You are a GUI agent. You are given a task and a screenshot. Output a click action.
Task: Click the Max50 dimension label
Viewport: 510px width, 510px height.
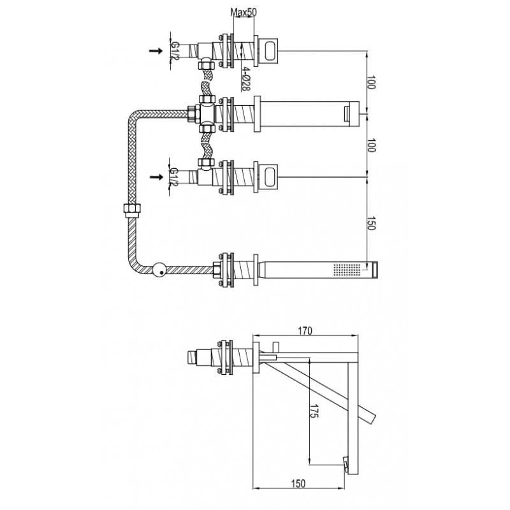click(244, 12)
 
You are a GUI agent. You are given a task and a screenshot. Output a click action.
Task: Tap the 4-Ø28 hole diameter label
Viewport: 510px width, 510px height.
click(245, 79)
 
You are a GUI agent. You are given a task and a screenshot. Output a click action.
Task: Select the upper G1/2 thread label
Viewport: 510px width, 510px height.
click(175, 50)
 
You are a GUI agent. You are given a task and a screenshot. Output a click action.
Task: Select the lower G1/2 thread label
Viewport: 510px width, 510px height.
click(174, 177)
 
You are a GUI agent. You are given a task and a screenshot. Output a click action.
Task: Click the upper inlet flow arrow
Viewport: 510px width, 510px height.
click(156, 51)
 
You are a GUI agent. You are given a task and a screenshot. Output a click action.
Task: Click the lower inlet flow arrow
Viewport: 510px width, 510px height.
click(156, 177)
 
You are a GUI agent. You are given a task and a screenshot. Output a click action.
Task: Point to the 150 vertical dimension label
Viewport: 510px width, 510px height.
click(371, 222)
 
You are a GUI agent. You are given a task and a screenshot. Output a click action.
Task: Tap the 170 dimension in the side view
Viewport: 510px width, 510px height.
click(305, 331)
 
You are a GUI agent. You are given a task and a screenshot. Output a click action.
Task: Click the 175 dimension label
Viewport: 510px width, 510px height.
click(314, 411)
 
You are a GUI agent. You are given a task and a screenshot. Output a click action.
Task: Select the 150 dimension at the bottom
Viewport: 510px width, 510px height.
click(298, 484)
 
